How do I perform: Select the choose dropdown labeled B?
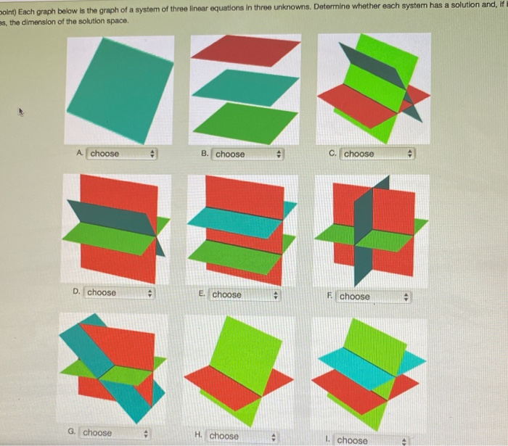click(x=247, y=154)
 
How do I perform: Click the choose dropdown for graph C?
click(x=377, y=154)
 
